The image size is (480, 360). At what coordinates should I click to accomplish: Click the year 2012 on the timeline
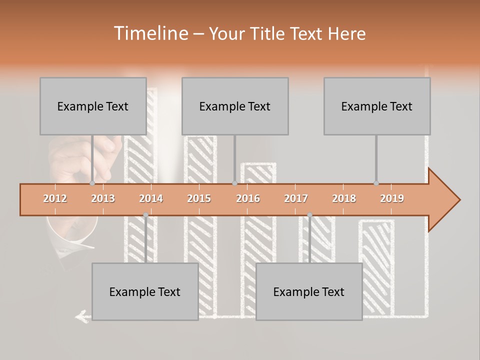point(55,198)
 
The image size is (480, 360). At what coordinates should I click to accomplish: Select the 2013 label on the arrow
point(103,198)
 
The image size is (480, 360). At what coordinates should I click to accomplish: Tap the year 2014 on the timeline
point(151,198)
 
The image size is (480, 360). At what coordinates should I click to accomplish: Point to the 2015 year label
point(199,198)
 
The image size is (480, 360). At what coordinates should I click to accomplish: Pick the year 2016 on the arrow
point(248,198)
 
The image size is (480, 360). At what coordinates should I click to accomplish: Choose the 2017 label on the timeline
point(296,198)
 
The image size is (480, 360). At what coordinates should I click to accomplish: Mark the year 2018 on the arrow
point(344,198)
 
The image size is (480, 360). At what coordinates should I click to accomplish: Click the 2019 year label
point(392,198)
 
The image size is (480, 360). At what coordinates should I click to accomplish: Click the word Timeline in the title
point(150,33)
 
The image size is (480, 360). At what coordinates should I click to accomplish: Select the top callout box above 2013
point(93,106)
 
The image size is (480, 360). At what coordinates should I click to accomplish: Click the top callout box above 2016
point(235,106)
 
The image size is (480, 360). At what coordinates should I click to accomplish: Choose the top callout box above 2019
point(377,106)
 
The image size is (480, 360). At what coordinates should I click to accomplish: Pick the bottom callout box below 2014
point(145,291)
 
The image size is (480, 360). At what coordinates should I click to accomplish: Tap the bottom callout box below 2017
point(309,291)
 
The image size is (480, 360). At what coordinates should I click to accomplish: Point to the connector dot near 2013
point(92,183)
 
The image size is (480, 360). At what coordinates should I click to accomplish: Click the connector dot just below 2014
point(145,214)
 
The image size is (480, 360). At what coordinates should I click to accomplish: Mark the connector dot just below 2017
point(309,214)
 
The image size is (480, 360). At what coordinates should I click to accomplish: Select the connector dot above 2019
point(376,183)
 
